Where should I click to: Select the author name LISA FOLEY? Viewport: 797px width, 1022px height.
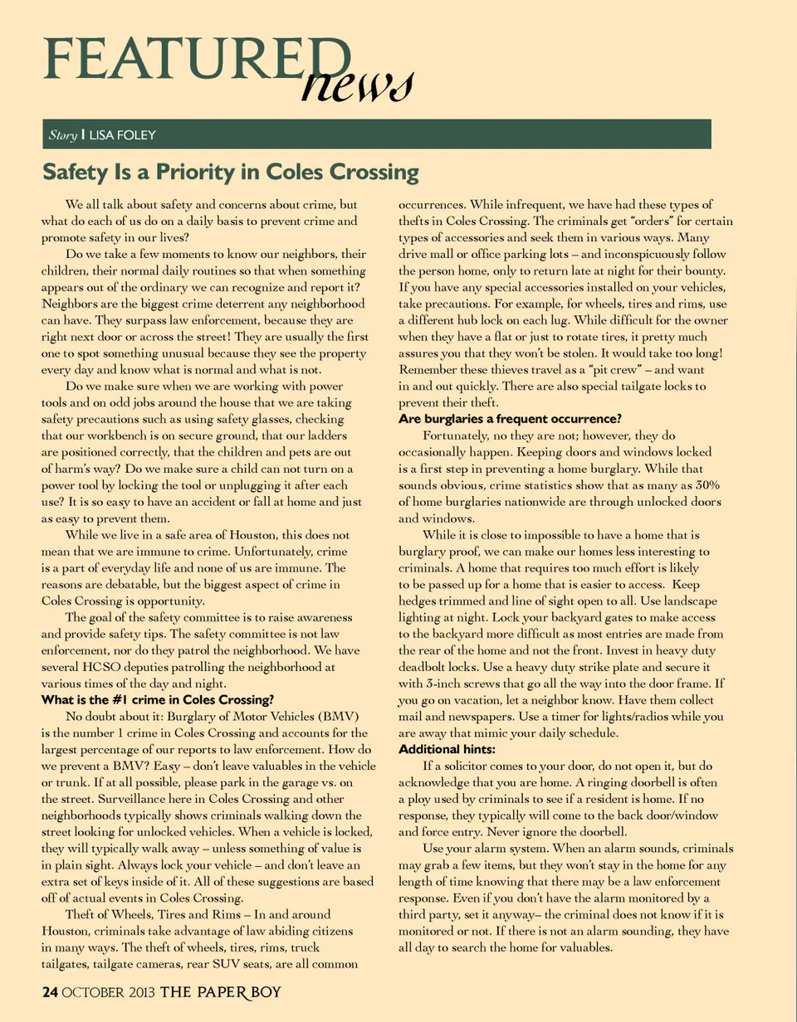123,134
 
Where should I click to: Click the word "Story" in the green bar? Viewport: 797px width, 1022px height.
61,134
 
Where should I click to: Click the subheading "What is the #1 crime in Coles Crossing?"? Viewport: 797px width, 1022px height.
159,699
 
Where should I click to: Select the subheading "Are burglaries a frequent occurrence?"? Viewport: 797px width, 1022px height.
511,417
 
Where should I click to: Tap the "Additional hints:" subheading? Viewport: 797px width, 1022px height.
447,749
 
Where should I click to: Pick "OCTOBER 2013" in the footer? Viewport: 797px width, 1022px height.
107,992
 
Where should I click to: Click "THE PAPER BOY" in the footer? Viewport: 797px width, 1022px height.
220,992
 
